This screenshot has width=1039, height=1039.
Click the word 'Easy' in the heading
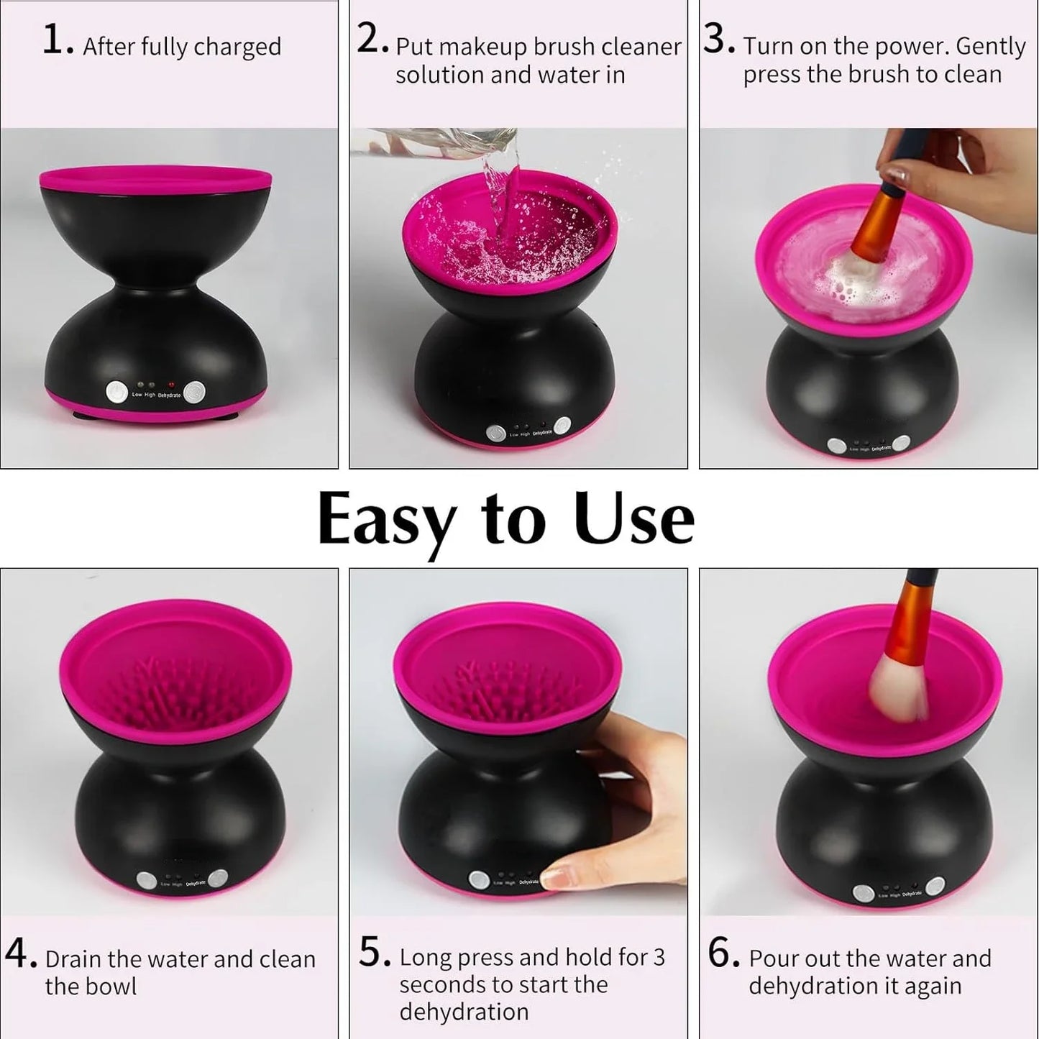click(386, 519)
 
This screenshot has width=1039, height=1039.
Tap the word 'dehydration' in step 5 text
click(464, 1012)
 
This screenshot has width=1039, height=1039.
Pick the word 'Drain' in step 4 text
click(74, 960)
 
